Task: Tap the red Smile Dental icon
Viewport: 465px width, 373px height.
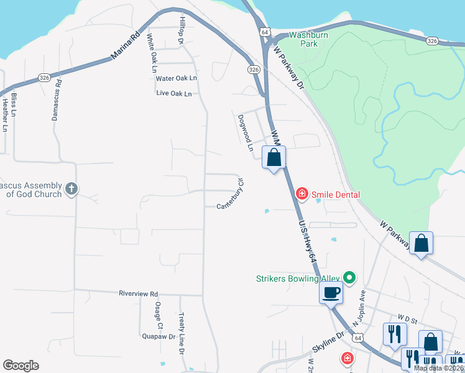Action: [x=302, y=195]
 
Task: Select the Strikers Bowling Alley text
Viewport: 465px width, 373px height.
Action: [x=298, y=279]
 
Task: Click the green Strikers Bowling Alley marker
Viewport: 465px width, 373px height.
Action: [x=349, y=278]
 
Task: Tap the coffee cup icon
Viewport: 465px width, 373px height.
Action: [x=331, y=292]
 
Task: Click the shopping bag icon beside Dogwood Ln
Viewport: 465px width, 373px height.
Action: [x=274, y=159]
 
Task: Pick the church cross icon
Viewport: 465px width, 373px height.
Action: [x=71, y=188]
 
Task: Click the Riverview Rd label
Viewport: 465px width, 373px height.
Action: [x=138, y=293]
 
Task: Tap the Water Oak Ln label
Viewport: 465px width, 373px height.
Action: [x=176, y=78]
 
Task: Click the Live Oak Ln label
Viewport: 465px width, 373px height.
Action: [x=174, y=93]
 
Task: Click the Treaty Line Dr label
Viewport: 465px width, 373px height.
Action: [x=182, y=333]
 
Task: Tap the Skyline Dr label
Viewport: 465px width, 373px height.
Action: [x=328, y=342]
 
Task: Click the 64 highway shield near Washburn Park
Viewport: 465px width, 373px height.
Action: [x=265, y=32]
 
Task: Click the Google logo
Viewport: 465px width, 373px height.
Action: [x=21, y=365]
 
